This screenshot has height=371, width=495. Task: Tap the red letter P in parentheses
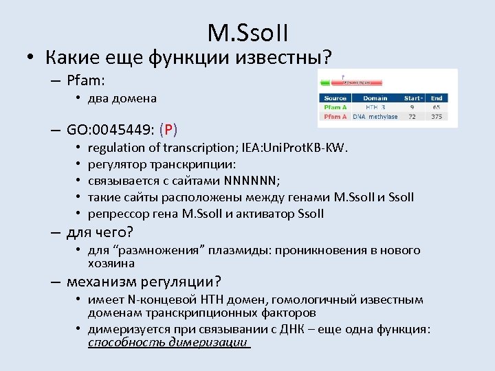coord(168,129)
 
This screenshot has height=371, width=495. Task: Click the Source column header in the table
coord(335,98)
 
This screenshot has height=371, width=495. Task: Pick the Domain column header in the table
coord(375,98)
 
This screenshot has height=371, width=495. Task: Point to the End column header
coord(437,98)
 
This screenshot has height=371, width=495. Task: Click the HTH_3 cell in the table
coord(375,107)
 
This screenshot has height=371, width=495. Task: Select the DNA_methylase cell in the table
coord(375,117)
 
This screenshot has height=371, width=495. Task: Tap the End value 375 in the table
coord(437,117)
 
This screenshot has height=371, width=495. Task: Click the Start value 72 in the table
coord(412,117)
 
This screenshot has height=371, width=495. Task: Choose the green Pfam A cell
coord(335,107)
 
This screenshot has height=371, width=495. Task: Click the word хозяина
coord(111,263)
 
